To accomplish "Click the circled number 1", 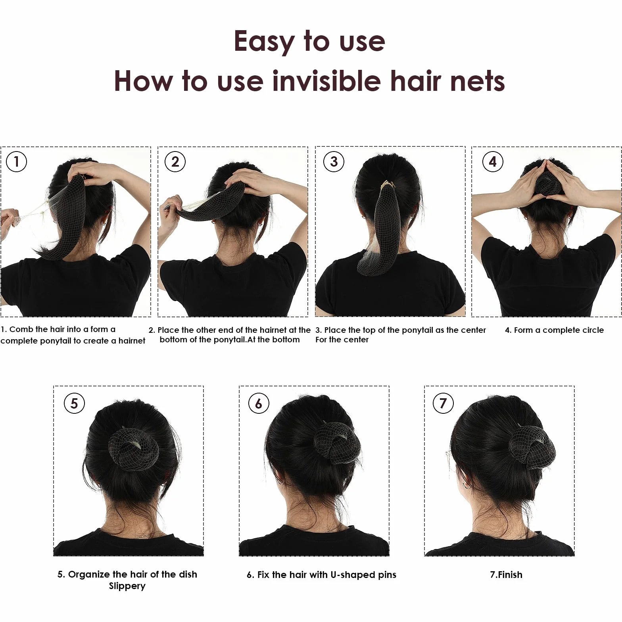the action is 16,161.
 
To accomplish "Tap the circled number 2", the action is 175,161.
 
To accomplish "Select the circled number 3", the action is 334,161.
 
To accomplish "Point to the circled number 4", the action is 493,161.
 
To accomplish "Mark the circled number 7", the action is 443,403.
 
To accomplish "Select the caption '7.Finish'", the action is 506,574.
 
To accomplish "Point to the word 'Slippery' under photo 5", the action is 127,586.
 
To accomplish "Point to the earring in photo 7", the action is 466,485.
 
